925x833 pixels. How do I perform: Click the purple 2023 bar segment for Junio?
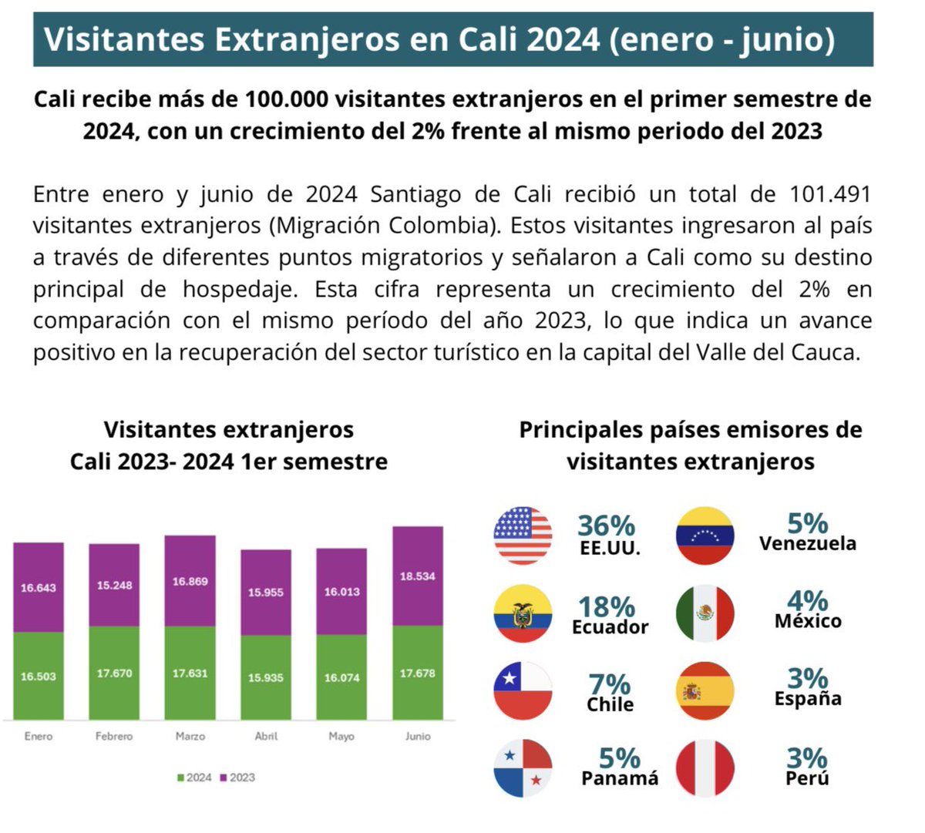pyautogui.click(x=418, y=576)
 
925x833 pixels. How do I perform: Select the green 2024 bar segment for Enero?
pyautogui.click(x=39, y=676)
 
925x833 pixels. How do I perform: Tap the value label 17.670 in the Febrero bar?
pyautogui.click(x=114, y=673)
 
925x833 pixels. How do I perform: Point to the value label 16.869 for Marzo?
pyautogui.click(x=190, y=582)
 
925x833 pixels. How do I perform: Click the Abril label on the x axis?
pyautogui.click(x=266, y=737)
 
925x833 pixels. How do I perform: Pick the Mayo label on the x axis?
pyautogui.click(x=341, y=737)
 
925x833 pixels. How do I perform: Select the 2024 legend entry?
pyautogui.click(x=194, y=778)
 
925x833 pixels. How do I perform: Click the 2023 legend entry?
pyautogui.click(x=237, y=778)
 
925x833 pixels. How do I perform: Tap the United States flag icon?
pyautogui.click(x=523, y=536)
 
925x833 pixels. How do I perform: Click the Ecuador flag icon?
pyautogui.click(x=523, y=614)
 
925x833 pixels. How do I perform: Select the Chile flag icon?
pyautogui.click(x=523, y=690)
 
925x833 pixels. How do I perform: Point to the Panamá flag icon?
pyautogui.click(x=523, y=768)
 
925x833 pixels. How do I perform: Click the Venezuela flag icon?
pyautogui.click(x=705, y=536)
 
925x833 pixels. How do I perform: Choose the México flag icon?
pyautogui.click(x=705, y=613)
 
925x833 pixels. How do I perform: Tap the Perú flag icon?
pyautogui.click(x=705, y=768)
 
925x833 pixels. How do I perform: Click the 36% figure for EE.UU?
pyautogui.click(x=607, y=526)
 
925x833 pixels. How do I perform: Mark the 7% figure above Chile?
pyautogui.click(x=609, y=684)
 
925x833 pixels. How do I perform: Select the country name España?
pyautogui.click(x=808, y=699)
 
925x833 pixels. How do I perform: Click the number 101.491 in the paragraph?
pyautogui.click(x=830, y=194)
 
